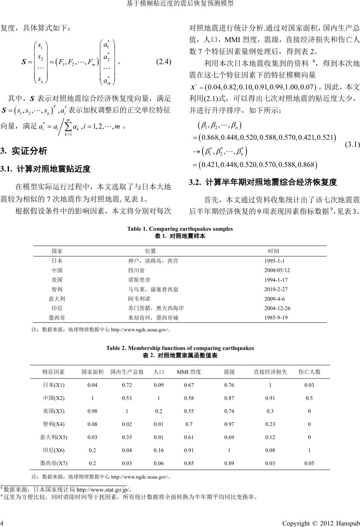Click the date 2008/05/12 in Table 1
pos(277,270)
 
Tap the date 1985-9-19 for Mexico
pos(276,318)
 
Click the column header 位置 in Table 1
pos(150,251)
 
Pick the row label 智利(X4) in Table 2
pos(54,424)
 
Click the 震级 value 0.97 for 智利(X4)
pos(229,424)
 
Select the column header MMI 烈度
pos(189,372)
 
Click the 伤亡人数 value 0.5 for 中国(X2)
pos(309,398)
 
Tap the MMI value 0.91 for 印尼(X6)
pos(189,450)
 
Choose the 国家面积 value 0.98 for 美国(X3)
pos(92,411)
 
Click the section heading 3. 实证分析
pos(24,151)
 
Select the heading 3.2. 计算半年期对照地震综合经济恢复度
pos(263,182)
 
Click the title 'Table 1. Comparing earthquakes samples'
pos(180,229)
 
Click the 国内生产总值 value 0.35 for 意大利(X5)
pos(127,437)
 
